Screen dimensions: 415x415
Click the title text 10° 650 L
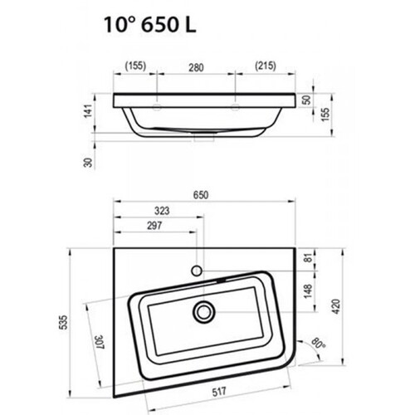click(x=150, y=25)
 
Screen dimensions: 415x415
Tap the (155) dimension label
click(x=135, y=66)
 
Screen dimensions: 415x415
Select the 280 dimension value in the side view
click(x=196, y=67)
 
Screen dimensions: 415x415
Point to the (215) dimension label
click(x=266, y=66)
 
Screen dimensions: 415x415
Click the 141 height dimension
click(x=88, y=111)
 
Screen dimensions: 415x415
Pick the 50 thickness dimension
click(x=306, y=100)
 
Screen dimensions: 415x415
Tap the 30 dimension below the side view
click(x=88, y=163)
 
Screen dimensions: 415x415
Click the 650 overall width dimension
click(x=201, y=195)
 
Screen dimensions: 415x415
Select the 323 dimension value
click(x=162, y=211)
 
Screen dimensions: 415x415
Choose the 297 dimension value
click(x=154, y=226)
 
